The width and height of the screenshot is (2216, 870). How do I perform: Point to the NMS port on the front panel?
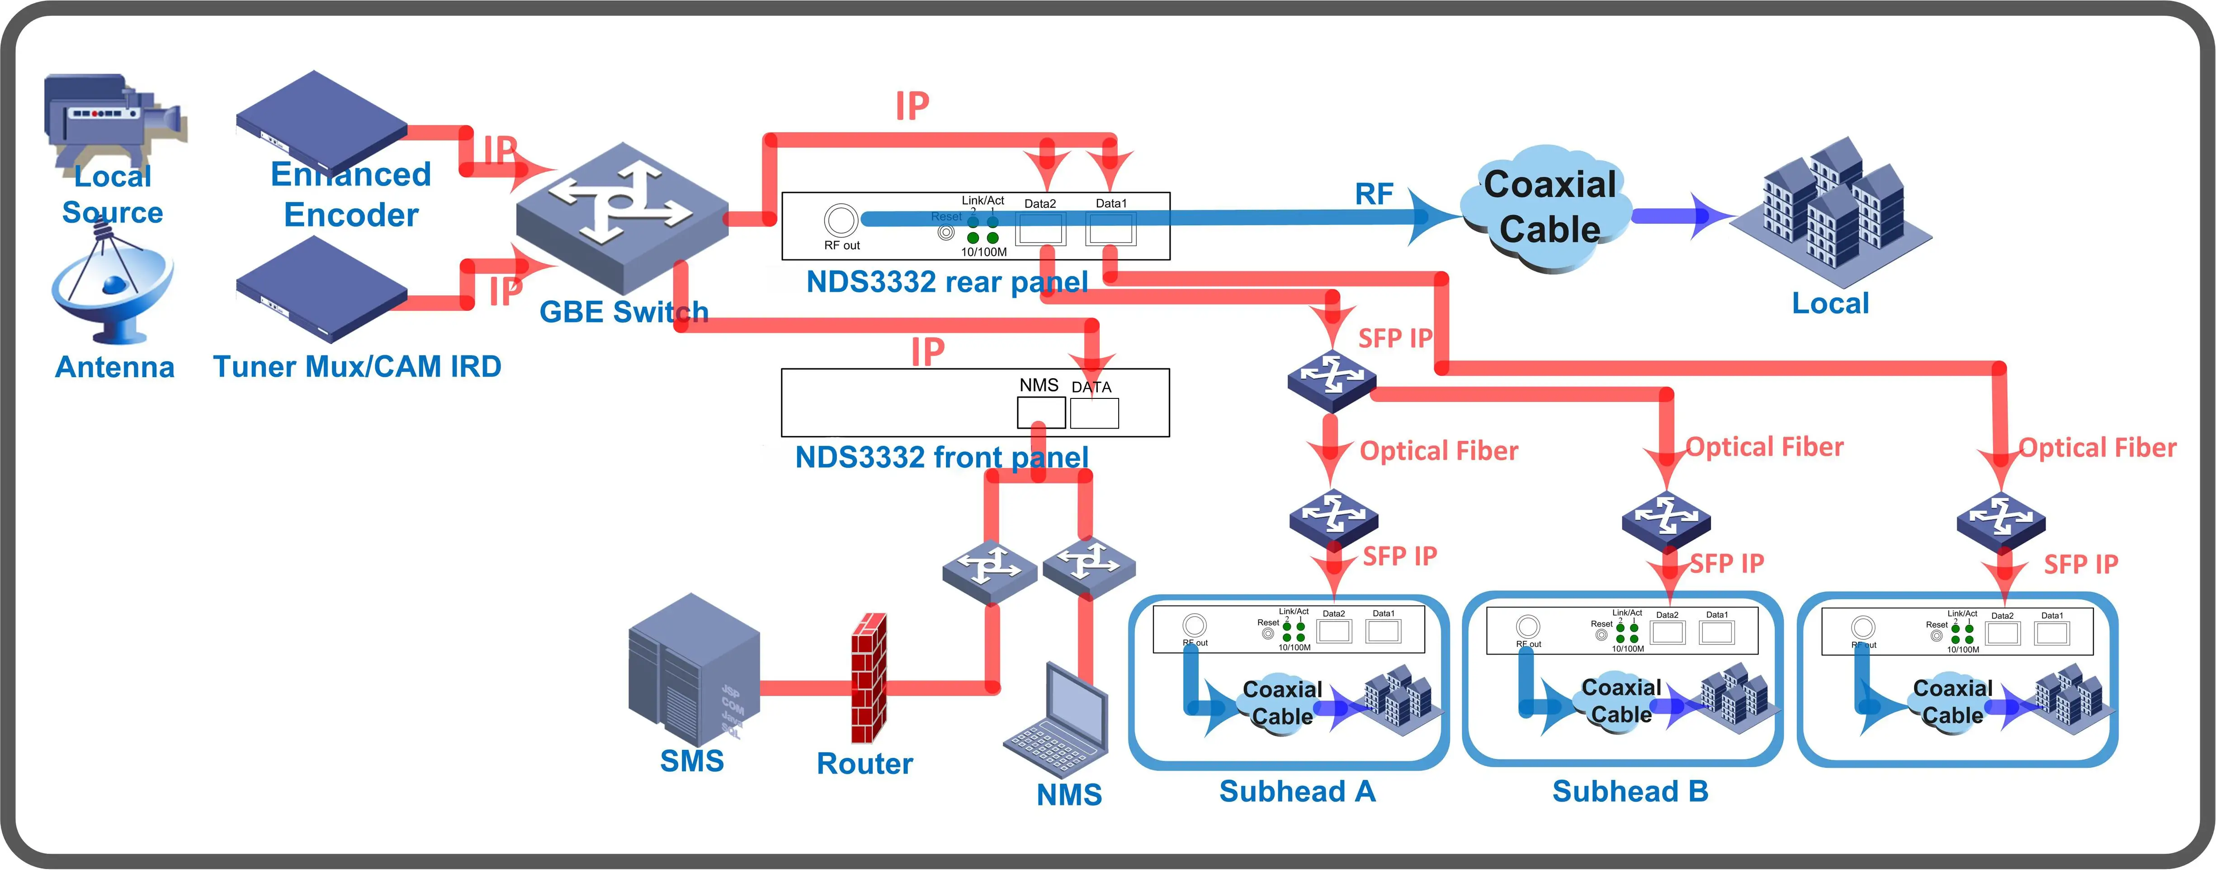[1041, 413]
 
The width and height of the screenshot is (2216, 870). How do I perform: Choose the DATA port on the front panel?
[1094, 413]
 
